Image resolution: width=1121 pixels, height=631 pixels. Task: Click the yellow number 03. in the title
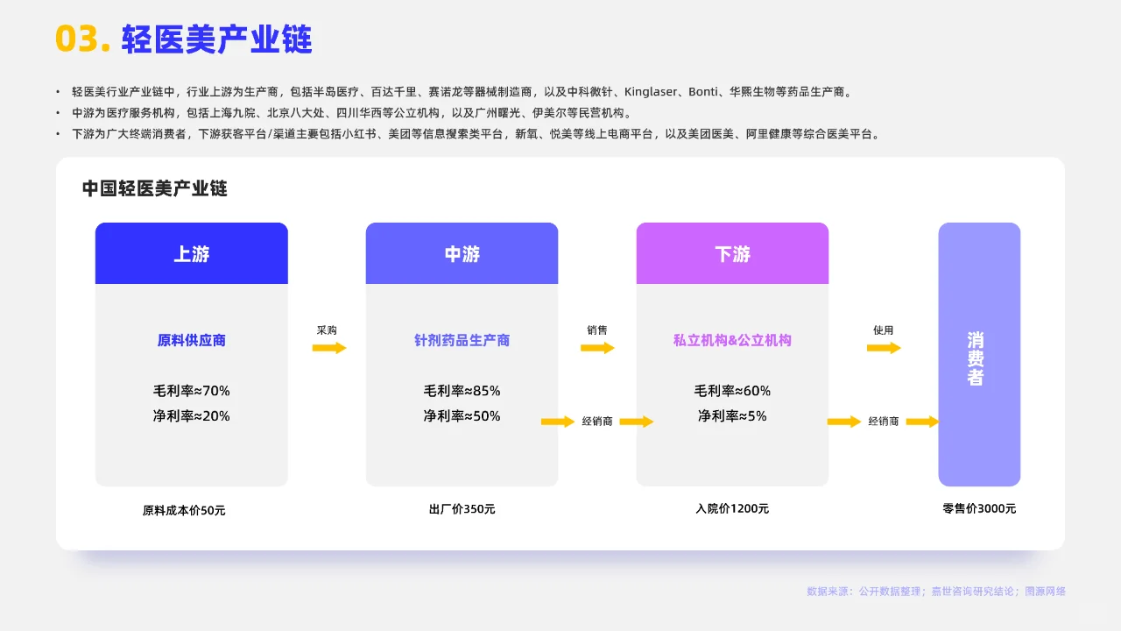(82, 39)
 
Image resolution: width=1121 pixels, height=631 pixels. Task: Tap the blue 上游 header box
(192, 253)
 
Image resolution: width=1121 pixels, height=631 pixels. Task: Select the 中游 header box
(462, 253)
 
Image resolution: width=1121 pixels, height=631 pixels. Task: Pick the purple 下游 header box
(732, 253)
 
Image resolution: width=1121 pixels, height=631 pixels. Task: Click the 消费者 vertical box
(979, 355)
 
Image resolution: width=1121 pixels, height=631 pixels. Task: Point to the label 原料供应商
(192, 340)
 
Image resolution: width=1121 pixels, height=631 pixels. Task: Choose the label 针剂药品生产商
(462, 340)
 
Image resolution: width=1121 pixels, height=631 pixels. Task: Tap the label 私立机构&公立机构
(732, 340)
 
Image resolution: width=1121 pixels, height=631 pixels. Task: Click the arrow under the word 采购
(329, 348)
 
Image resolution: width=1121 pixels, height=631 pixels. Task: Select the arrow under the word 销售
(597, 348)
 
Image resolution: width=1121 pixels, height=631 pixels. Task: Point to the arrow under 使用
(884, 348)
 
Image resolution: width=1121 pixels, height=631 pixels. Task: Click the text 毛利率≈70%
(192, 391)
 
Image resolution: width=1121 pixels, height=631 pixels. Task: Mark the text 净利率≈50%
(462, 416)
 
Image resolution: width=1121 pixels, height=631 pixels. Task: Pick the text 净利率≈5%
(732, 416)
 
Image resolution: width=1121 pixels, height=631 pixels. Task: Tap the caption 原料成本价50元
(184, 510)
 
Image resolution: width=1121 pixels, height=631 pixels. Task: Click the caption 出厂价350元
(462, 509)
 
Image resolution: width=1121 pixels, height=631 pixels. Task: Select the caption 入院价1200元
(732, 508)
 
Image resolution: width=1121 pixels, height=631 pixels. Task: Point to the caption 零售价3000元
(979, 508)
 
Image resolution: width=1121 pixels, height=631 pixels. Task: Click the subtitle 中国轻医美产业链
(155, 188)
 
